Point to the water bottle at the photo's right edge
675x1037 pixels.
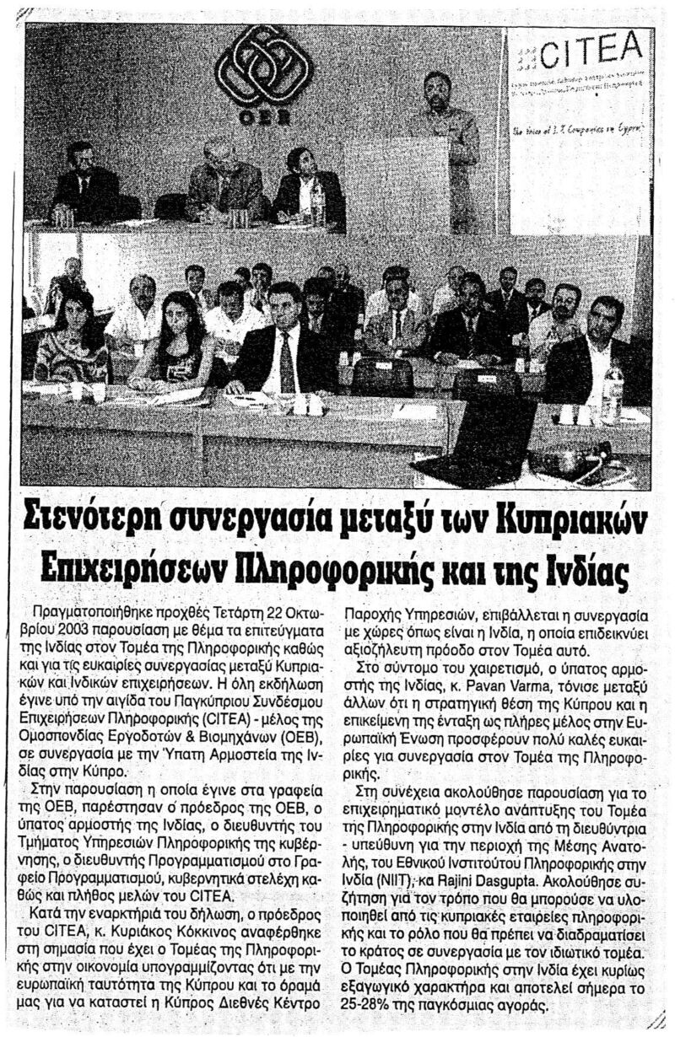coord(613,392)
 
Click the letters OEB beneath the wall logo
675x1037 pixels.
coord(262,119)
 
